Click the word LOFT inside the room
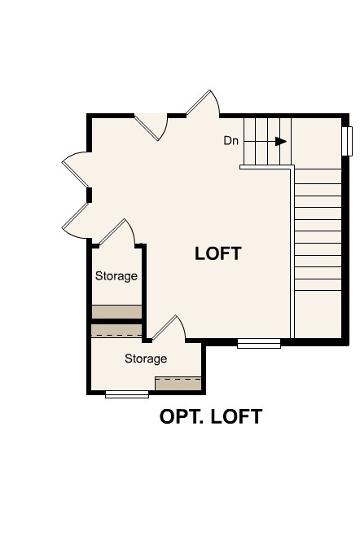pyautogui.click(x=218, y=253)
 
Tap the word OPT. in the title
pyautogui.click(x=182, y=417)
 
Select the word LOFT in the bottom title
pyautogui.click(x=236, y=417)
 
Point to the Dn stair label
pyautogui.click(x=231, y=141)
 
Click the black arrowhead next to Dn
pyautogui.click(x=281, y=141)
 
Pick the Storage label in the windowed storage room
pyautogui.click(x=146, y=358)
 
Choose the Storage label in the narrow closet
pyautogui.click(x=116, y=276)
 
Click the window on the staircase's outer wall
pyautogui.click(x=347, y=141)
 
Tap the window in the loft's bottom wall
pyautogui.click(x=259, y=344)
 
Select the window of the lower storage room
pyautogui.click(x=127, y=394)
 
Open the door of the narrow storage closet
pyautogui.click(x=117, y=232)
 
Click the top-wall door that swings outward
pyautogui.click(x=204, y=104)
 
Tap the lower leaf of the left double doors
pyautogui.click(x=77, y=218)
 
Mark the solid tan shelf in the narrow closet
pyautogui.click(x=116, y=312)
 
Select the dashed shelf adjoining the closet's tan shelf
pyautogui.click(x=116, y=331)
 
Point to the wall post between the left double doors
pyautogui.click(x=90, y=194)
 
